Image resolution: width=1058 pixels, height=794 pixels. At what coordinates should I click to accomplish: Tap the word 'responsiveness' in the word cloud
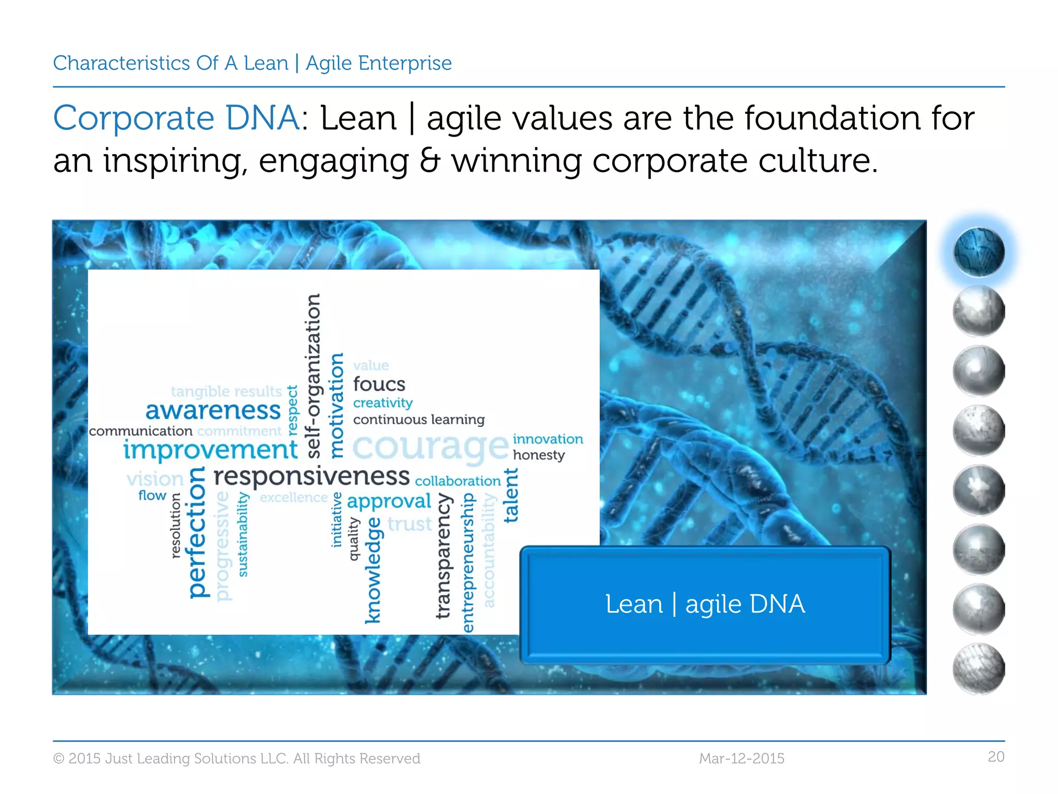312,476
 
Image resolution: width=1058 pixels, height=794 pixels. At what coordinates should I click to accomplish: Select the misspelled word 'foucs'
379,384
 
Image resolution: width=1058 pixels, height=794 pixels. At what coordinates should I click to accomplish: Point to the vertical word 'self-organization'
313,376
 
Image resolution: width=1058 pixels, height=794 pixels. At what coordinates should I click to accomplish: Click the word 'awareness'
213,410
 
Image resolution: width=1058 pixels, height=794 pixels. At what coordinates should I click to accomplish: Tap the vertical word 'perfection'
197,532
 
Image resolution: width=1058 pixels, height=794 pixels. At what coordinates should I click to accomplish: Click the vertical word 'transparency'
443,556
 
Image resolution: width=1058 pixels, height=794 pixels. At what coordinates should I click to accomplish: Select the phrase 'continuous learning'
418,419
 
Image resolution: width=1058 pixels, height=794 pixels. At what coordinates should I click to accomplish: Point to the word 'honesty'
538,455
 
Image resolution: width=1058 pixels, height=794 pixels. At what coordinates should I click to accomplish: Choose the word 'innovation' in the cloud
548,439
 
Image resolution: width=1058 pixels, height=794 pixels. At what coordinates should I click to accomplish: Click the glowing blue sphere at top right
978,252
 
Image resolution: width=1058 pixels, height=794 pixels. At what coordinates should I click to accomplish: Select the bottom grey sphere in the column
978,668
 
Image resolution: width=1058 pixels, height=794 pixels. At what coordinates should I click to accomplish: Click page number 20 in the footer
995,757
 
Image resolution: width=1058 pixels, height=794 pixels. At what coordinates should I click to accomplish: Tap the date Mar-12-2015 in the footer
741,758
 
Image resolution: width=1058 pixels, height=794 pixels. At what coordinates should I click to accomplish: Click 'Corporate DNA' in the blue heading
176,118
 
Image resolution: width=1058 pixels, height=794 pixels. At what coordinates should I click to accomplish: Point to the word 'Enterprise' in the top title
404,63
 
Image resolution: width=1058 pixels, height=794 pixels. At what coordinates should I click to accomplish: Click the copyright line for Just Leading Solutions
237,758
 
